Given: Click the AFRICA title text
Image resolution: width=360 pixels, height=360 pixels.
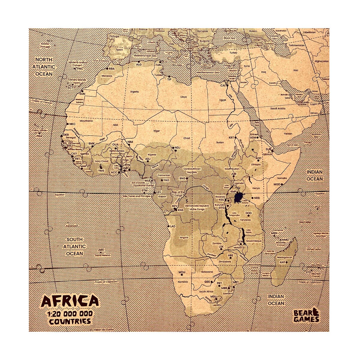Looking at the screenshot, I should point(70,301).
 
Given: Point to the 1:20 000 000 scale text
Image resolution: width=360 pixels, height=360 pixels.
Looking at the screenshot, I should point(70,314).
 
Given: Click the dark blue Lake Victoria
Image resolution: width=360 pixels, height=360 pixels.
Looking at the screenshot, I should point(238,198).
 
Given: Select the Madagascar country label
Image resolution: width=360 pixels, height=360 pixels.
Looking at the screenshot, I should point(284,257).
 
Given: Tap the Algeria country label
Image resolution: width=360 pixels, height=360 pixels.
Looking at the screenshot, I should point(134,91).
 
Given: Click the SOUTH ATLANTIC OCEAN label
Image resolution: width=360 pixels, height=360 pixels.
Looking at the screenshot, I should point(75,246).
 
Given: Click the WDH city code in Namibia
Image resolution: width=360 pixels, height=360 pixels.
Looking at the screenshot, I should point(182,272).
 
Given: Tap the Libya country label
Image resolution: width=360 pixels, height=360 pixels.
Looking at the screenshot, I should point(183,97).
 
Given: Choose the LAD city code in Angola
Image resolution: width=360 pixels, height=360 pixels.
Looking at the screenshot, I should point(172,226).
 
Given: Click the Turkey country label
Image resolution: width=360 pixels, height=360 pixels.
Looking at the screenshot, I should point(233,53).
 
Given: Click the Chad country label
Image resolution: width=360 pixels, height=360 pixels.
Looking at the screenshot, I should point(187,138).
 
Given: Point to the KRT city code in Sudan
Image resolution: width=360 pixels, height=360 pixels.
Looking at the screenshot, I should point(231,138).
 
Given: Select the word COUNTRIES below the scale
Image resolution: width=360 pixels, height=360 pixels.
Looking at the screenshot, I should point(70,321).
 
